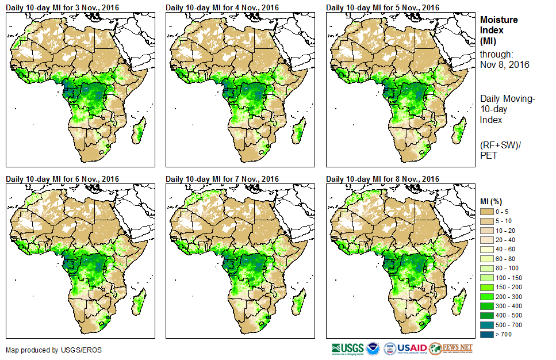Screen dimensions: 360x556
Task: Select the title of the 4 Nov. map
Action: [x=222, y=7]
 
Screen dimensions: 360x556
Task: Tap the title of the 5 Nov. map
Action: [x=382, y=7]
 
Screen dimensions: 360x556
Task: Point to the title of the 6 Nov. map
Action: [x=62, y=179]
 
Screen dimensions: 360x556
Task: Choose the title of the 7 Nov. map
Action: [x=222, y=179]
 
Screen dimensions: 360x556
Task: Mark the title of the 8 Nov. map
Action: [x=382, y=179]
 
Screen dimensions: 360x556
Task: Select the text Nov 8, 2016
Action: [x=504, y=64]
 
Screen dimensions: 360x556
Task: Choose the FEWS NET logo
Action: [x=450, y=348]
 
